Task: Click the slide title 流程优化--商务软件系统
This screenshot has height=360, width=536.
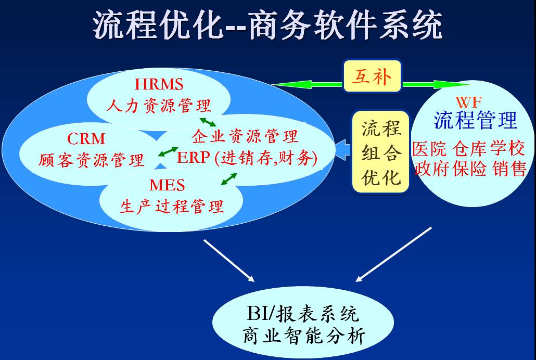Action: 267,25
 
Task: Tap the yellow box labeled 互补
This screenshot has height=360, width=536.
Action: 372,76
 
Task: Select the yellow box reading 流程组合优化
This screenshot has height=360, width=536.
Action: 380,152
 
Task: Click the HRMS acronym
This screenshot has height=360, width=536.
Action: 159,84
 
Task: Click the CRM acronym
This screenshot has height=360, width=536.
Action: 86,139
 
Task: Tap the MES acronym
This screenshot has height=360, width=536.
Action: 167,185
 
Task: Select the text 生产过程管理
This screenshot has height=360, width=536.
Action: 172,206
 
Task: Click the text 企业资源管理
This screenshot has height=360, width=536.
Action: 245,136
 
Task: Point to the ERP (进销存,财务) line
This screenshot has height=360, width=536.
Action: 247,158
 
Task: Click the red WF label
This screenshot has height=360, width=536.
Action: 469,102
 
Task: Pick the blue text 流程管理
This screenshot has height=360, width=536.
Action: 476,120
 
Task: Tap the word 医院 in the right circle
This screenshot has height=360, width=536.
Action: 430,149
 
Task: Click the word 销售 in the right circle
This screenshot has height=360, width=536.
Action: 509,169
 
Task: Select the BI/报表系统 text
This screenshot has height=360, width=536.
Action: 303,313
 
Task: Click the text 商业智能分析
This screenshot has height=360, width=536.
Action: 304,336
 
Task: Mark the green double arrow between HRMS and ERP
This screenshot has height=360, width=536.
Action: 208,122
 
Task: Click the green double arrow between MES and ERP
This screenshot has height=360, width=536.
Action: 228,179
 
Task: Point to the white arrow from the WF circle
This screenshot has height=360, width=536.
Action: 393,254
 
